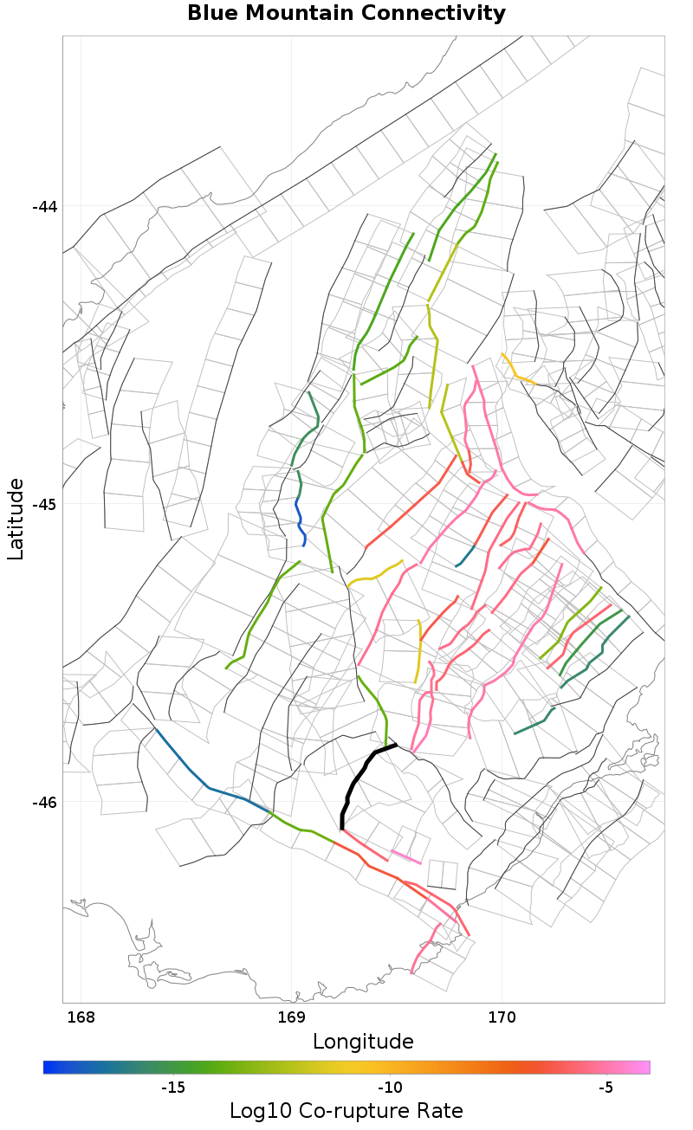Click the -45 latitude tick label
pyautogui.click(x=44, y=504)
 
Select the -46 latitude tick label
pyautogui.click(x=44, y=802)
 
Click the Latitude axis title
pyautogui.click(x=16, y=519)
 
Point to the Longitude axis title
pyautogui.click(x=363, y=1041)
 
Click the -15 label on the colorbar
pyautogui.click(x=173, y=1088)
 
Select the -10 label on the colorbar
pyautogui.click(x=390, y=1088)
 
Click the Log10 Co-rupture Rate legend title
pyautogui.click(x=346, y=1111)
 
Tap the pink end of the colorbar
pyautogui.click(x=642, y=1067)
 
